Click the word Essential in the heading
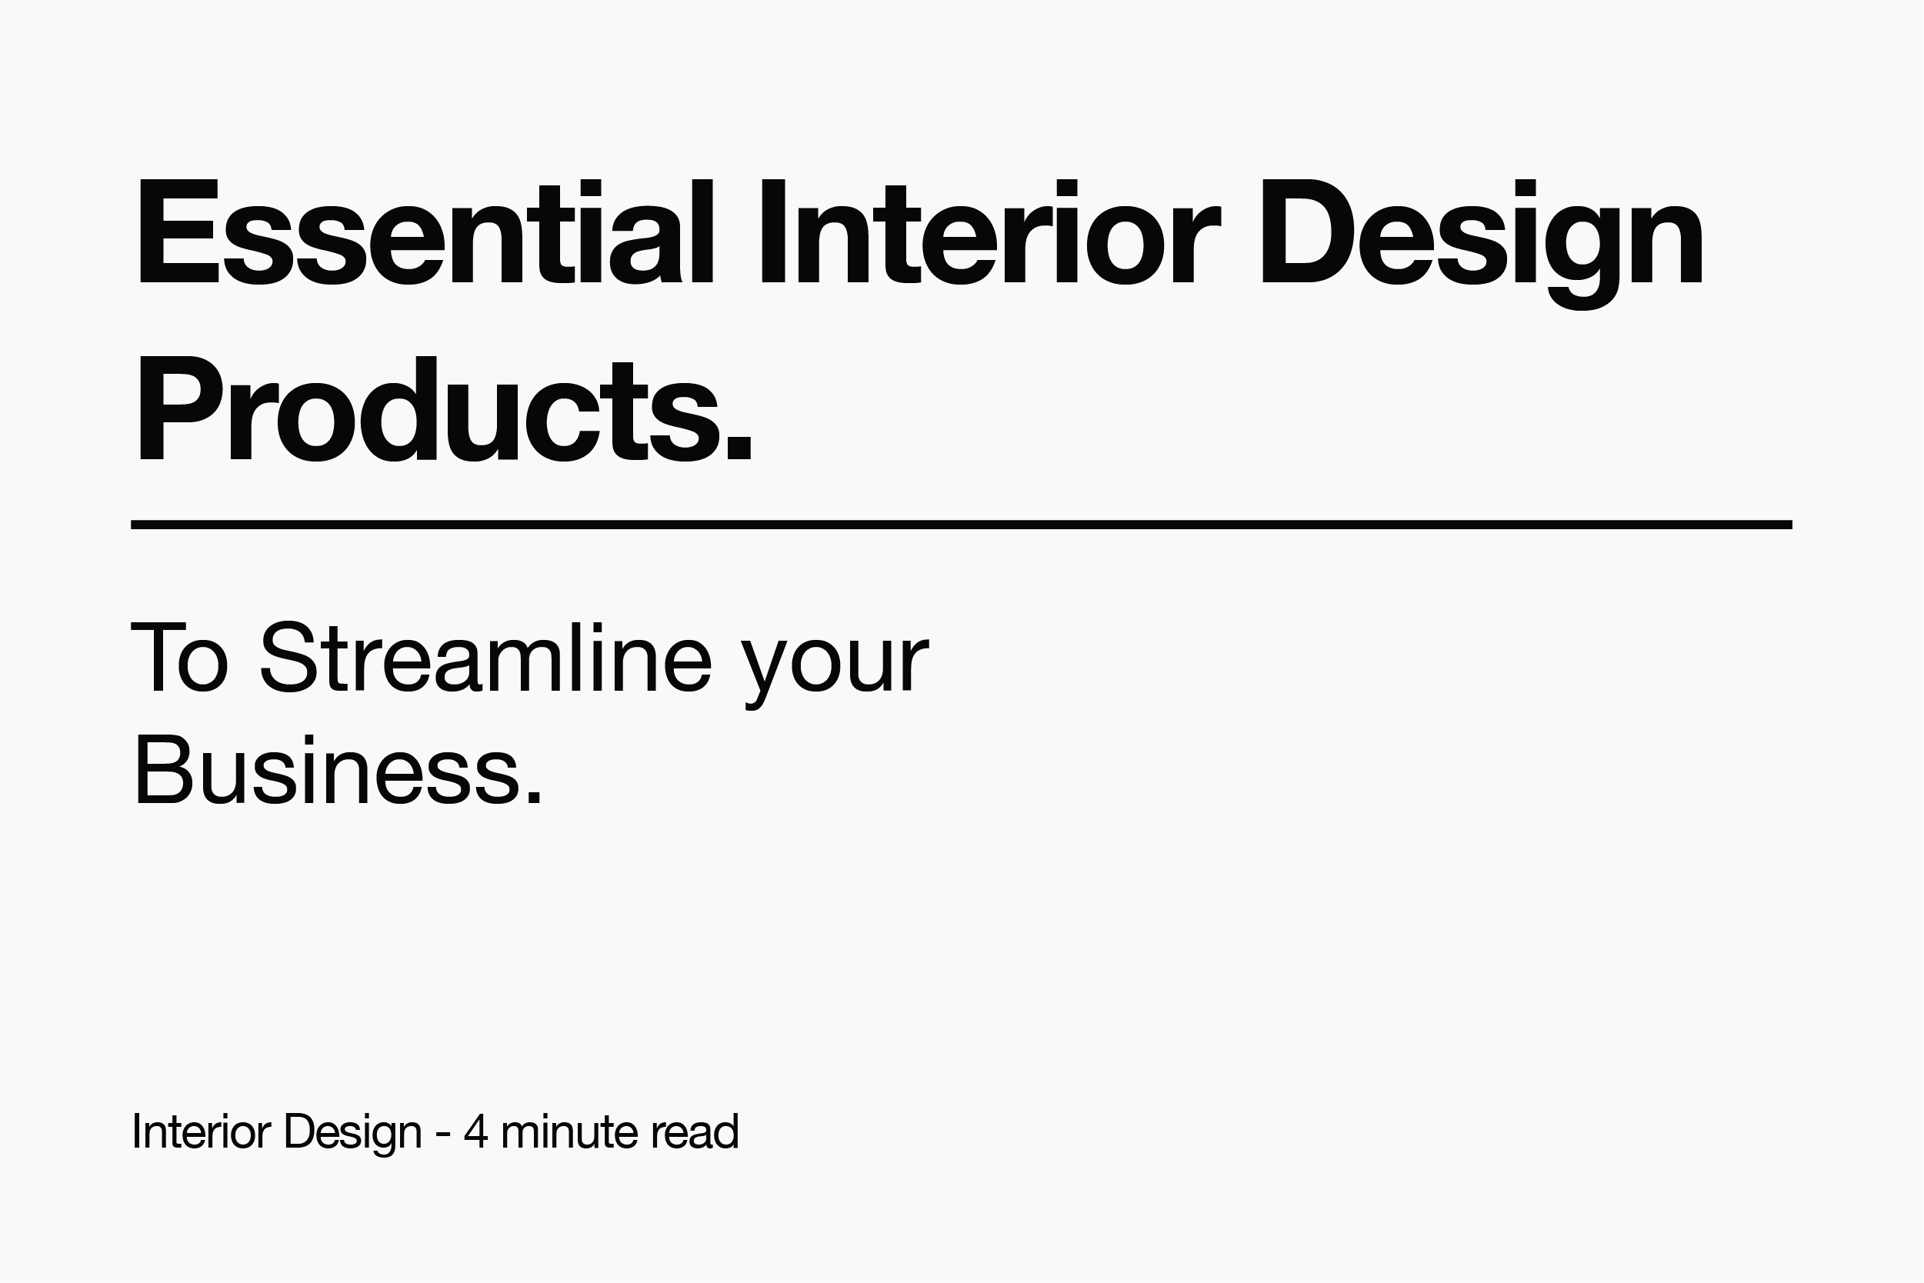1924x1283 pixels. pos(425,232)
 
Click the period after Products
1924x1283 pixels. pos(739,446)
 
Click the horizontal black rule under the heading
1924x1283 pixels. pos(962,525)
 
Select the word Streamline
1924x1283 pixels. pos(486,659)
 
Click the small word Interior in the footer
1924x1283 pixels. pos(202,1131)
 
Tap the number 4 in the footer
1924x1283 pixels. pos(475,1131)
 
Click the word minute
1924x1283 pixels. pos(569,1131)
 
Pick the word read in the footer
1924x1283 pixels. pos(695,1131)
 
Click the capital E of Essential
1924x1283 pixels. pos(178,232)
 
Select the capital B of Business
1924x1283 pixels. pos(162,771)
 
